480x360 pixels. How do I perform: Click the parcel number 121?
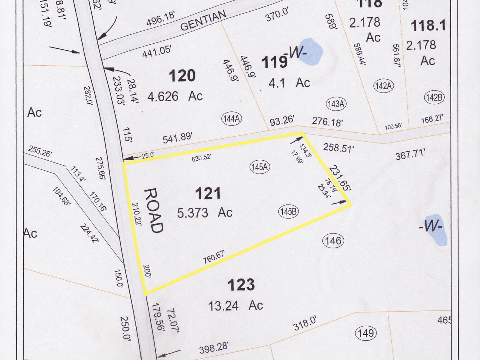[x=208, y=193]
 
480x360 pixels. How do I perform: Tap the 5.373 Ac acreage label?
[x=205, y=213]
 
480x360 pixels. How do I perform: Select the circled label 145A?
[x=260, y=167]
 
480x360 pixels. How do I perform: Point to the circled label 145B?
[x=288, y=212]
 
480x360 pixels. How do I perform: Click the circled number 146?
[x=333, y=241]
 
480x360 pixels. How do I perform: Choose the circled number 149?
[x=366, y=333]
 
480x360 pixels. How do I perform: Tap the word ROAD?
[x=154, y=211]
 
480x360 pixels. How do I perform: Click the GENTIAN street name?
[x=203, y=21]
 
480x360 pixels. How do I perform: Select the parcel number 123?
[x=241, y=285]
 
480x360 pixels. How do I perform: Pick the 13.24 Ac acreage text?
[x=235, y=305]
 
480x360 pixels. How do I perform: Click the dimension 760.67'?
[x=214, y=257]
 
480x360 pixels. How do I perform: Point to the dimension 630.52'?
[x=201, y=158]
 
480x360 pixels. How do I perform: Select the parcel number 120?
[x=182, y=76]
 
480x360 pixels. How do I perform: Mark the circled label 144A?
[x=232, y=119]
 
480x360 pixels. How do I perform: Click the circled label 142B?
[x=434, y=98]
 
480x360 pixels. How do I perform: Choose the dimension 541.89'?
[x=177, y=138]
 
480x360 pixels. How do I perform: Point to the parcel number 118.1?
[x=428, y=26]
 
